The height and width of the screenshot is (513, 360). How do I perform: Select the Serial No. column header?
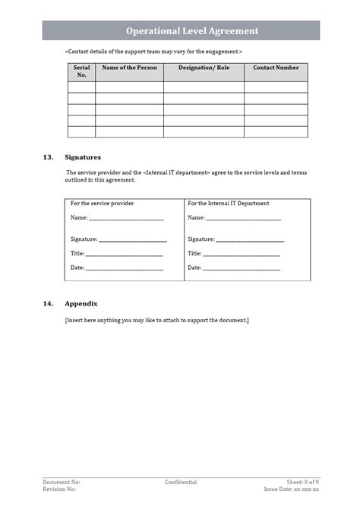pos(81,71)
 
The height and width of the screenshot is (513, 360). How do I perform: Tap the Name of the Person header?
pos(129,68)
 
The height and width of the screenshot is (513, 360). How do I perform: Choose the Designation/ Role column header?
pos(204,68)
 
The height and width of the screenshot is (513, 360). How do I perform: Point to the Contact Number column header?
pos(276,68)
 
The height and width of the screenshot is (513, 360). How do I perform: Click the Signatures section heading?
pos(83,157)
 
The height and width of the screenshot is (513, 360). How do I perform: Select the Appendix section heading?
pos(81,303)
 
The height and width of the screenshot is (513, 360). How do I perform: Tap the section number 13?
pos(49,157)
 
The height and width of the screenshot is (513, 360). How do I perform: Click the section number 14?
pos(49,303)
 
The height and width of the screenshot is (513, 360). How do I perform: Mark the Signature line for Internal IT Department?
pos(250,239)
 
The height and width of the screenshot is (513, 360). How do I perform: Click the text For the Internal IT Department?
pos(229,204)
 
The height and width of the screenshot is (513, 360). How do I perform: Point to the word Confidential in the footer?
pos(181,482)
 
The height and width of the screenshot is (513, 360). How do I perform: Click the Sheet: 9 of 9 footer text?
pos(302,482)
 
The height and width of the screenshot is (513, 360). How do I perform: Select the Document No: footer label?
pos(62,482)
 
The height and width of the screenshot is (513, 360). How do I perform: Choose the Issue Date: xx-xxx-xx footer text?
pos(291,489)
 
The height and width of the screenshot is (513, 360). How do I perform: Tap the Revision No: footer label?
pos(59,489)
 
